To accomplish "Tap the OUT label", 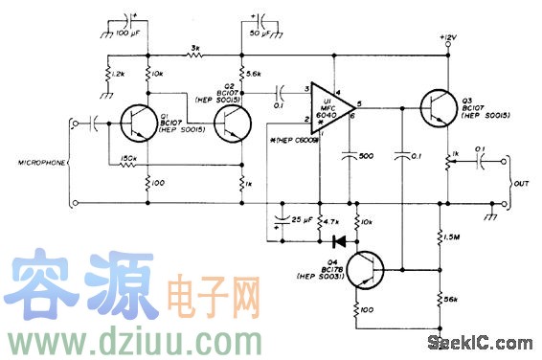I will pyautogui.click(x=520, y=185).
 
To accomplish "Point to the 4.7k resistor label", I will pyautogui.click(x=334, y=220).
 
